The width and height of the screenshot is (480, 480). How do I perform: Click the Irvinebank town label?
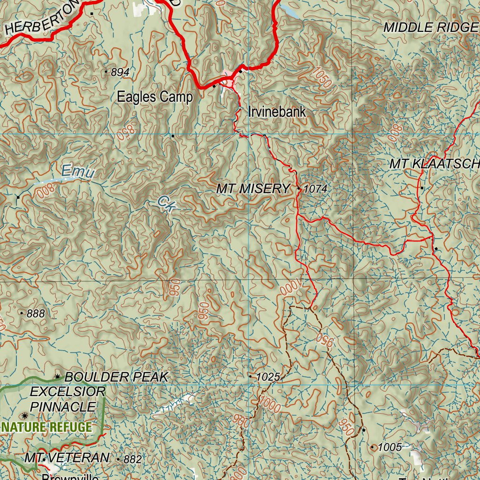(277, 112)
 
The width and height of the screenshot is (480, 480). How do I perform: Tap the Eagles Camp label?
(155, 97)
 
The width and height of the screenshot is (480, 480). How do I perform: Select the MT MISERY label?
(253, 189)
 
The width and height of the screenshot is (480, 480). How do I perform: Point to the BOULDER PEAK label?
(116, 377)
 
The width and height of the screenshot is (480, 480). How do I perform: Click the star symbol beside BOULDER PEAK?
(58, 376)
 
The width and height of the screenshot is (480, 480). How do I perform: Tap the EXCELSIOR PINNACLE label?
(67, 399)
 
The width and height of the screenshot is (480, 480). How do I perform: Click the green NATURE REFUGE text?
(46, 427)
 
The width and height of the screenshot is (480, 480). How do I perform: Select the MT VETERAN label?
(67, 458)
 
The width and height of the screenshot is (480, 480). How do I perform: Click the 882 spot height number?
(132, 460)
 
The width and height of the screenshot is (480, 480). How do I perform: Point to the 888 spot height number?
(36, 314)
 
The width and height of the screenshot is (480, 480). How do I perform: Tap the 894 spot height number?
(120, 72)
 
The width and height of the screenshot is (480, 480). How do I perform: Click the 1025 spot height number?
(268, 377)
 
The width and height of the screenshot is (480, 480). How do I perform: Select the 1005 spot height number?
(390, 448)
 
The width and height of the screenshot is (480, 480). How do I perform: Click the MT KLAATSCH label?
(434, 164)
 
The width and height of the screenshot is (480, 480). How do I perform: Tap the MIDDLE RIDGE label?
(430, 28)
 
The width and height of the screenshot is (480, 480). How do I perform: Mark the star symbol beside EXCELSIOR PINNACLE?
(24, 416)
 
